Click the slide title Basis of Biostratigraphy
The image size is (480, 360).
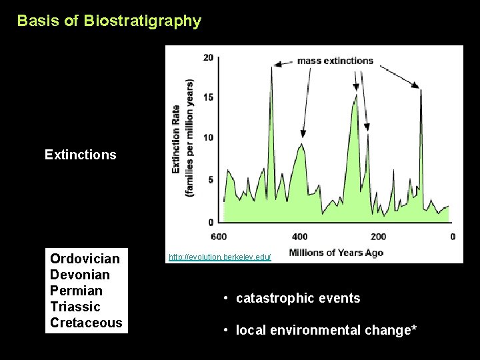tap(109, 21)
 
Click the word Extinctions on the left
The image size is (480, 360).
tap(80, 155)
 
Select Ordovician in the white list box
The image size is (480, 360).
tap(85, 259)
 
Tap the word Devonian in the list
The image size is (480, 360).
tap(80, 275)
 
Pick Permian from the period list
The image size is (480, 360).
tap(76, 291)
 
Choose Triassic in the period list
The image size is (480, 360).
tap(75, 307)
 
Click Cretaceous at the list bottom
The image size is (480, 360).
tap(86, 323)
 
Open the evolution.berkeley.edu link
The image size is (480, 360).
tap(219, 257)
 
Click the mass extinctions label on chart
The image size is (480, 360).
tap(335, 61)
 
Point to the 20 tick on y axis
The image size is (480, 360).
tap(208, 57)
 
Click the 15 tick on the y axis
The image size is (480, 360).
tap(208, 97)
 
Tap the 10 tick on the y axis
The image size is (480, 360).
tap(208, 137)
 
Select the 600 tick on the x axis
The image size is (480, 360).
tap(218, 237)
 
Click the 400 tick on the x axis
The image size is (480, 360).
tap(300, 237)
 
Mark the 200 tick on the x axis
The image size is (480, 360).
tap(378, 237)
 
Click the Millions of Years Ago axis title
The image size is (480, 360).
tap(336, 253)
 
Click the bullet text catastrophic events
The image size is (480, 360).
tap(298, 299)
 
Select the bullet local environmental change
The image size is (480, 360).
tap(326, 331)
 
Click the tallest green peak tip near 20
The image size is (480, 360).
tap(272, 66)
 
